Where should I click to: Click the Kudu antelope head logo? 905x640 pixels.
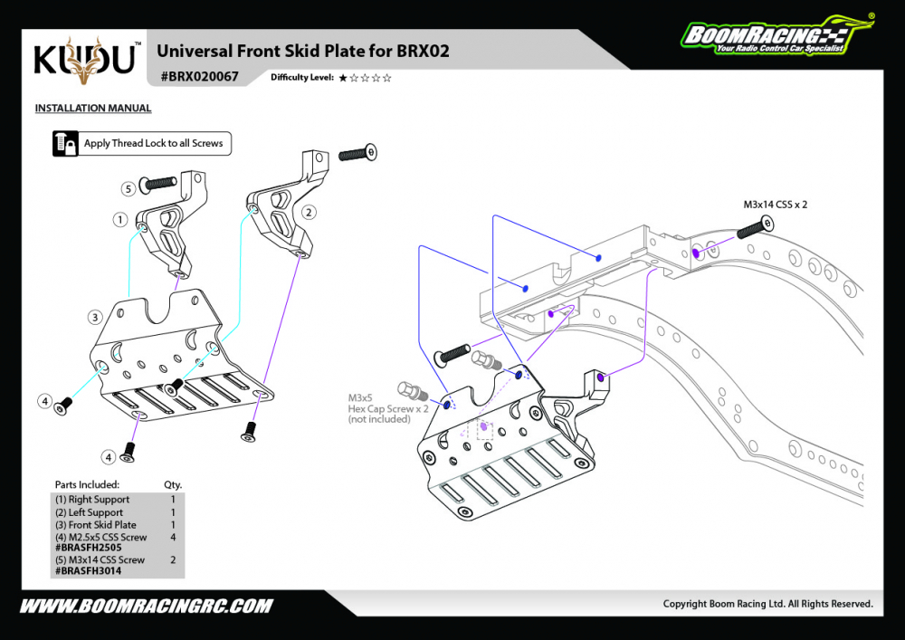pos(84,61)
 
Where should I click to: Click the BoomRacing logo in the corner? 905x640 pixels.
pos(777,36)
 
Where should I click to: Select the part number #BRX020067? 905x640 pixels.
pos(199,77)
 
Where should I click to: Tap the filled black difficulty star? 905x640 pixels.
pos(343,78)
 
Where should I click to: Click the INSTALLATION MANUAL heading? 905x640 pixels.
pos(93,108)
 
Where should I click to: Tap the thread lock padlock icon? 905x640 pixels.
pos(65,144)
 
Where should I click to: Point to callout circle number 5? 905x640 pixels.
pos(129,188)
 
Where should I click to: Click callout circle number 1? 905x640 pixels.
pos(120,219)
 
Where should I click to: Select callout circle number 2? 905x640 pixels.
pos(309,213)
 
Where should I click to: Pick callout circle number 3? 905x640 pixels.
pos(95,317)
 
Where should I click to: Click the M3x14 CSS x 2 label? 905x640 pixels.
pos(775,205)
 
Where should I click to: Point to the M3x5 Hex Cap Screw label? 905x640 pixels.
pos(388,408)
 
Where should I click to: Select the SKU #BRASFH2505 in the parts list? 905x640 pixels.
pos(89,548)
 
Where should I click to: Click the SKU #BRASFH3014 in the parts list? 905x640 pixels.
pos(89,570)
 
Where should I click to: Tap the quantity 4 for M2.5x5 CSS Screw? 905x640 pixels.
pos(173,538)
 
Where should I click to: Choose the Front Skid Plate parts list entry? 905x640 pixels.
pos(96,524)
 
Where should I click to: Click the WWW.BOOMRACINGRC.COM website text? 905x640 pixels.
pos(146,606)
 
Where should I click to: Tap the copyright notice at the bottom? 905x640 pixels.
pos(767,604)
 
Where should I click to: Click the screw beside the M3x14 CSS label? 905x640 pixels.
pos(755,227)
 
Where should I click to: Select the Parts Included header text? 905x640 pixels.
pos(87,485)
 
